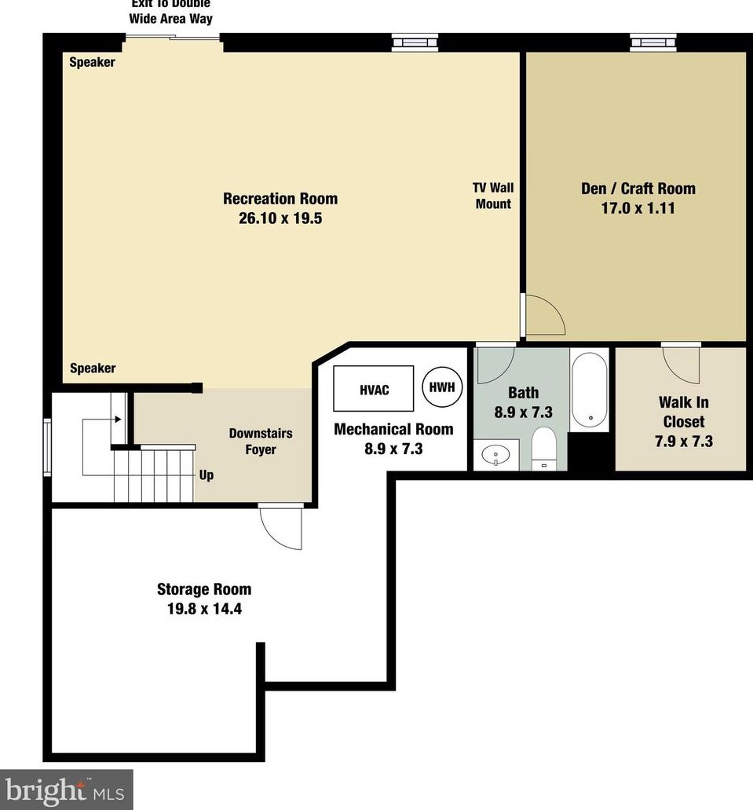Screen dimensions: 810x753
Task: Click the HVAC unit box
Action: click(374, 389)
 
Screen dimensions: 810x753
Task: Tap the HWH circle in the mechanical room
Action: click(443, 387)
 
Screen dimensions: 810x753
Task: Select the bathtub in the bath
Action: click(588, 390)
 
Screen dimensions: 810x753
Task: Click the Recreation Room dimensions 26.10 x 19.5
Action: click(280, 219)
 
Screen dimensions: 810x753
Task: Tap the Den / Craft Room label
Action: click(638, 189)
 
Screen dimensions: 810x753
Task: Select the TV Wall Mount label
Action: click(493, 196)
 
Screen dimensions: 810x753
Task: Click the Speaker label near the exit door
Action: click(92, 62)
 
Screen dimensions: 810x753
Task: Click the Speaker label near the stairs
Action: click(93, 368)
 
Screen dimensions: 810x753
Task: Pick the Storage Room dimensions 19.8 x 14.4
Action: click(204, 608)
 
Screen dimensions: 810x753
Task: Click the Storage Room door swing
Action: click(282, 529)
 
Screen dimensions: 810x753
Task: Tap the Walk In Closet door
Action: click(681, 362)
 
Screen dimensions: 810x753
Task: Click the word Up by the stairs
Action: click(207, 475)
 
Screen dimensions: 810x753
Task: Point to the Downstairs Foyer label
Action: click(253, 442)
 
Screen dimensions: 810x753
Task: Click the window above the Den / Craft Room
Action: click(652, 42)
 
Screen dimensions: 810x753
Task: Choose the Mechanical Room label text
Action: click(393, 429)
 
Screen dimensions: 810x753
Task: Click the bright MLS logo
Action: click(66, 789)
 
